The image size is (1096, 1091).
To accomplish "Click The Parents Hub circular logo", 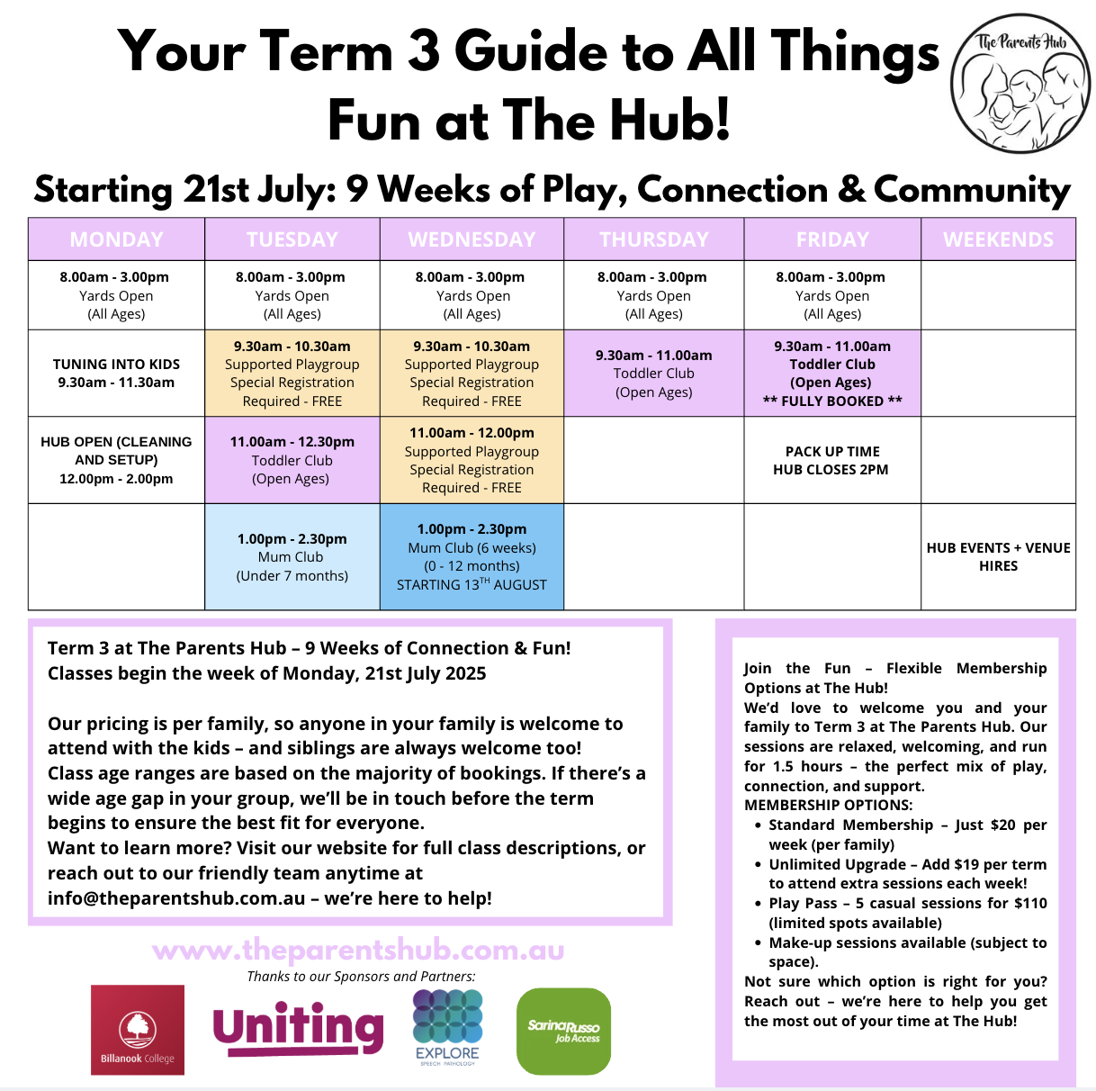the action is [1020, 84].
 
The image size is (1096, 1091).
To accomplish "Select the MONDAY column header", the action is [116, 239].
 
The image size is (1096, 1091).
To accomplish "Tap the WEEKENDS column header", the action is [998, 239].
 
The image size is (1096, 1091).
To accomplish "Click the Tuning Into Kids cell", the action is [116, 374].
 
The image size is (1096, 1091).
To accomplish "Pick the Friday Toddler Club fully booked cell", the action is [832, 374].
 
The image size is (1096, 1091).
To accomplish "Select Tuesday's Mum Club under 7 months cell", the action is [292, 556].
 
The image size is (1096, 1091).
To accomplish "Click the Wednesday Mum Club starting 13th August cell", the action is [472, 556].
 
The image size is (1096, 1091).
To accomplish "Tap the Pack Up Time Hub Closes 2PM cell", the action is [832, 460].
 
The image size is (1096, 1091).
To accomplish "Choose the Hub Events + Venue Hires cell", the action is [998, 556].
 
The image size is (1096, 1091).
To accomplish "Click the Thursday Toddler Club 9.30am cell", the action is [653, 374].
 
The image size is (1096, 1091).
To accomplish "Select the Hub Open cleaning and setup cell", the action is [116, 460].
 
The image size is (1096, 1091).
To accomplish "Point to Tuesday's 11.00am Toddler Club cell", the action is [292, 460].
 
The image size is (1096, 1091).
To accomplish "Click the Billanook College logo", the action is [138, 1030].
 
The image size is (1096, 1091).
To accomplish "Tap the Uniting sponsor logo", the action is [298, 1028].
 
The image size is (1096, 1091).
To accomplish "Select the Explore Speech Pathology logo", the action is [447, 1027].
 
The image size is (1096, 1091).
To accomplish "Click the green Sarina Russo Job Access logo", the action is [563, 1031].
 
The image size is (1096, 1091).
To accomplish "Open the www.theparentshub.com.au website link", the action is [358, 950].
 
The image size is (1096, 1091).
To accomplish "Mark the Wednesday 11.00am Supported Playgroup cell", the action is [472, 460].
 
